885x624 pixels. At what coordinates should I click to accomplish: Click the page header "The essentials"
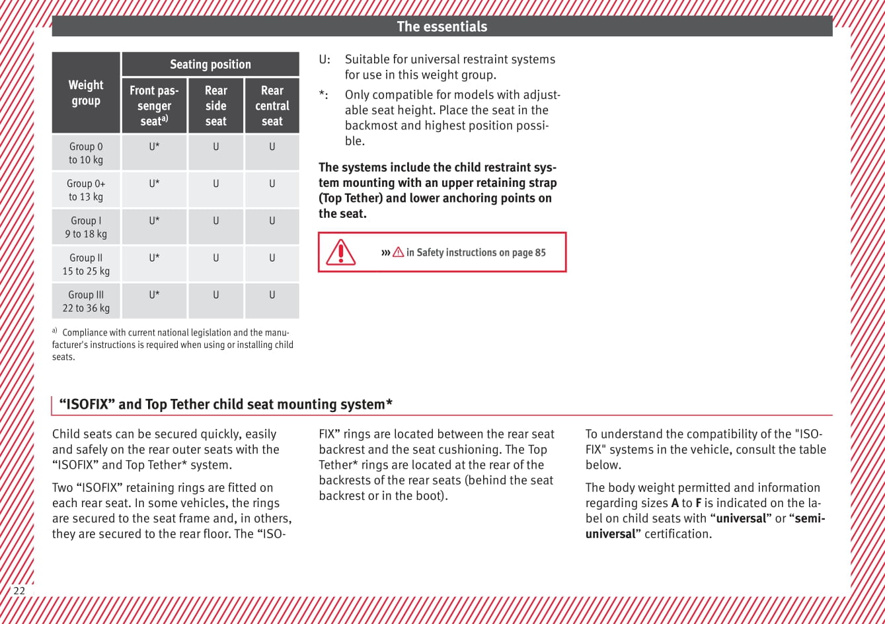pos(442,26)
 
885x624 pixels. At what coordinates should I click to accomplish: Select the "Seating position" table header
pos(210,64)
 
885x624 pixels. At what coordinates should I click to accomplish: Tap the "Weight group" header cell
pos(86,93)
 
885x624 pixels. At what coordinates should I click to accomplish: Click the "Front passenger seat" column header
pos(154,106)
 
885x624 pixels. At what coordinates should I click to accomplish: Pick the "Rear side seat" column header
pos(216,106)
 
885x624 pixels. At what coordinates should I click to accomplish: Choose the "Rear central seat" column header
pos(272,106)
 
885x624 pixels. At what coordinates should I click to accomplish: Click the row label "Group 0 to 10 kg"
pos(86,153)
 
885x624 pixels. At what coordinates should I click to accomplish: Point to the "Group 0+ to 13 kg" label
pos(86,190)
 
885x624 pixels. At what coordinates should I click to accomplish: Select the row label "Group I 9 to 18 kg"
pos(86,227)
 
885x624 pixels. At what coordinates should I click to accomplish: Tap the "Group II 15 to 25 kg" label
pos(86,264)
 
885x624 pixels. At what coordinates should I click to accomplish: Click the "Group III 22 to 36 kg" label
pos(86,301)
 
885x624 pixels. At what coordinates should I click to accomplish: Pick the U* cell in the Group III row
pos(154,295)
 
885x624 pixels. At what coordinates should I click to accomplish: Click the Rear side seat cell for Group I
pos(216,221)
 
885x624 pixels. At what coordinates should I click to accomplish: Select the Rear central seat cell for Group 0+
pos(272,184)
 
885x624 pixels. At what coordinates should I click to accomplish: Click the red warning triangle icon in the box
pos(341,252)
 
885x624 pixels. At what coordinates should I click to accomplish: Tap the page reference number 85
pos(539,252)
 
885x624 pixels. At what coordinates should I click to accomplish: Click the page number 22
pos(19,590)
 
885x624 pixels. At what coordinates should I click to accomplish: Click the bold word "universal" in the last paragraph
pos(741,518)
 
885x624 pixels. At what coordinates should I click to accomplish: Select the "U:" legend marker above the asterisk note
pos(325,59)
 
